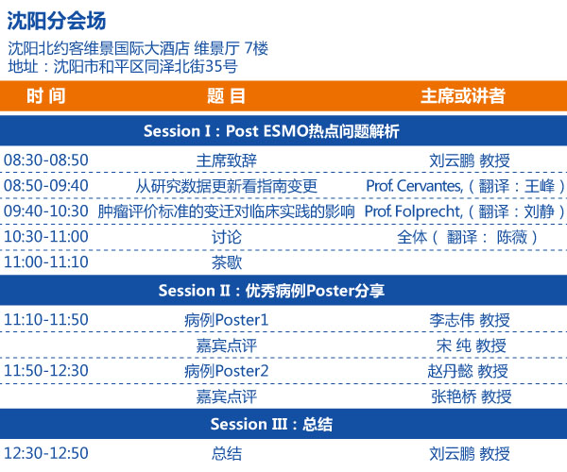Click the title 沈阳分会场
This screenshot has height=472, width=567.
[x=57, y=21]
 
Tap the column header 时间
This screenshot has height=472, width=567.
[x=46, y=96]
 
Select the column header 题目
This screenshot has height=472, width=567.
[x=227, y=96]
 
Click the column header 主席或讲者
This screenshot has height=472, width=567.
[x=463, y=96]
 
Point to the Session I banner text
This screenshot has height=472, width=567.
[x=271, y=131]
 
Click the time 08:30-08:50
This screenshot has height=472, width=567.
[x=46, y=160]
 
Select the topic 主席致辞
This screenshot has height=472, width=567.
[x=227, y=160]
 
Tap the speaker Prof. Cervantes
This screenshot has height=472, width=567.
[x=415, y=186]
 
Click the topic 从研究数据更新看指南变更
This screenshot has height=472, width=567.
[x=227, y=186]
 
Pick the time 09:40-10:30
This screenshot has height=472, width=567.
[x=46, y=211]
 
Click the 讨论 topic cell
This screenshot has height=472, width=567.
[x=227, y=237]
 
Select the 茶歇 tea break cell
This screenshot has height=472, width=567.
[x=227, y=262]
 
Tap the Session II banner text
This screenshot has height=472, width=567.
[x=271, y=291]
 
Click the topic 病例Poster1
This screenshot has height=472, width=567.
[x=227, y=320]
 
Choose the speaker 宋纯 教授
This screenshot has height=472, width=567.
[x=471, y=346]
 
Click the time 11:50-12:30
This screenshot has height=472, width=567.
[x=46, y=371]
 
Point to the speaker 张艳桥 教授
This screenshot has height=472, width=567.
[x=472, y=396]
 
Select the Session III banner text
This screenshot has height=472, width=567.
[x=271, y=425]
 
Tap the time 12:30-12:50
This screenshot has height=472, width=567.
[x=46, y=453]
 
